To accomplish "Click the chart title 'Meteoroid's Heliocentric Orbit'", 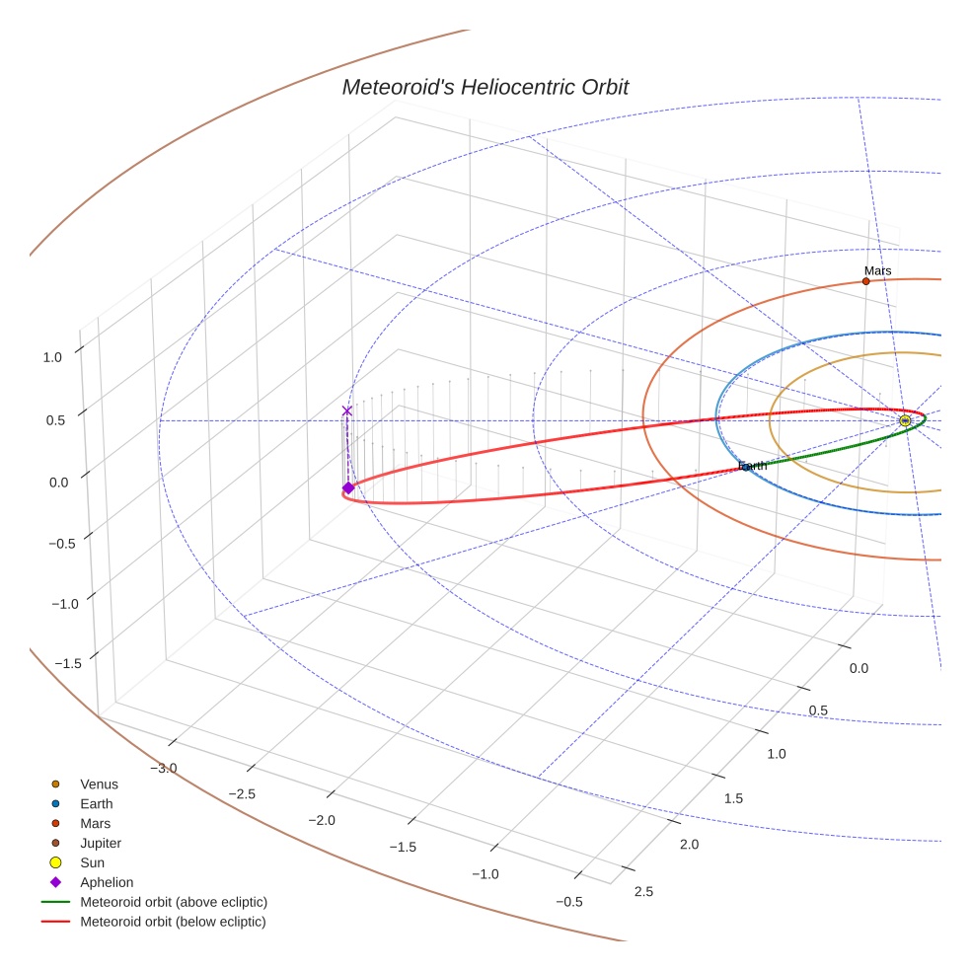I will tap(485, 87).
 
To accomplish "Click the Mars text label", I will tap(877, 270).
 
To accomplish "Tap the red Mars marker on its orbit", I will tap(865, 281).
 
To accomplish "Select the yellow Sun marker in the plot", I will tap(905, 420).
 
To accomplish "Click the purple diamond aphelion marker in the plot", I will tap(348, 487).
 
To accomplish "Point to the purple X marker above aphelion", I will tap(346, 411).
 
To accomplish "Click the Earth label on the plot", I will tap(752, 466).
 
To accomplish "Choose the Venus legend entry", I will tap(99, 784).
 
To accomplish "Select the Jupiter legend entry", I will tap(101, 843).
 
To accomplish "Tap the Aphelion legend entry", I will tap(107, 882).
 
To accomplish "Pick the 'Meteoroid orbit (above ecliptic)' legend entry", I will tap(174, 902).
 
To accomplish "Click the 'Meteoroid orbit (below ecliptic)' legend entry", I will tap(174, 922).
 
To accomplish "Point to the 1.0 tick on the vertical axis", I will tap(53, 357).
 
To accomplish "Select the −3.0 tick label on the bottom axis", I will tap(164, 768).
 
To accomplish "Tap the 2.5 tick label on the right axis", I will tap(642, 892).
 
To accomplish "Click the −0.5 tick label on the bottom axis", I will tap(569, 901).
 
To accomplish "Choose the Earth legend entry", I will tap(97, 804).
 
